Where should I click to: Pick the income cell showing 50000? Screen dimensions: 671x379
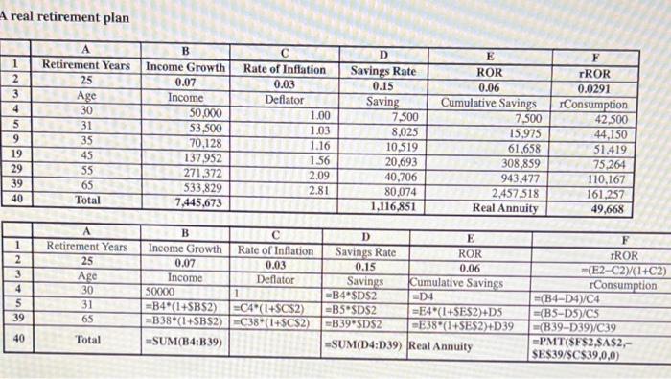click(162, 295)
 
